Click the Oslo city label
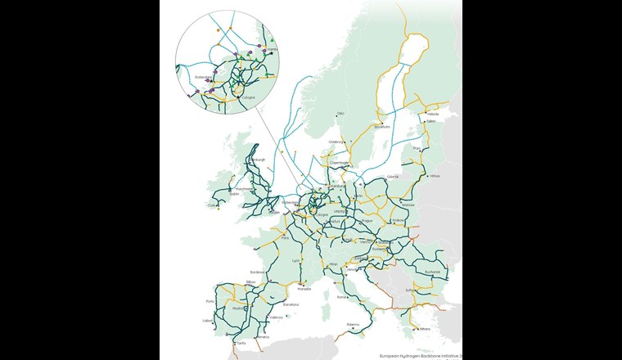(x=341, y=114)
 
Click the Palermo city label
(x=352, y=325)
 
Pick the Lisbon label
(x=206, y=321)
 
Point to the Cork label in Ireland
(x=214, y=205)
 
